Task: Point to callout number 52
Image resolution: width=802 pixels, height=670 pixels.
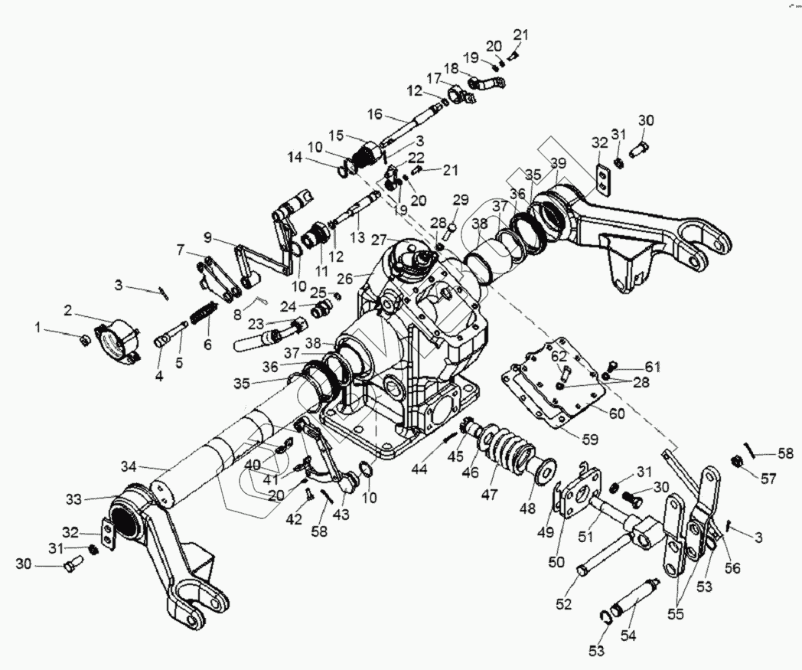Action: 564,603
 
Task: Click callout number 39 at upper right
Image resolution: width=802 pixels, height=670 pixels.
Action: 558,162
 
